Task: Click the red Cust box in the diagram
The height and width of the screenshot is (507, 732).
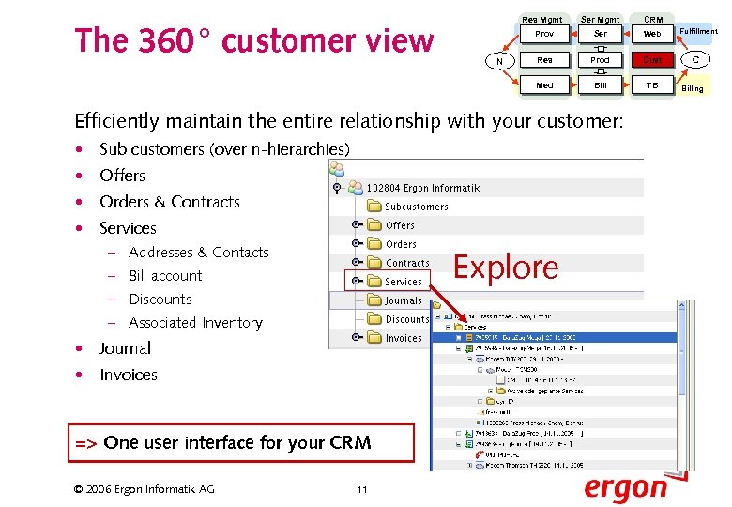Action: (x=652, y=59)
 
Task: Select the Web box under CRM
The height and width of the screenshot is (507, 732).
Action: (x=652, y=34)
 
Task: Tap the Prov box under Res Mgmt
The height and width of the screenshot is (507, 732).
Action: (x=544, y=34)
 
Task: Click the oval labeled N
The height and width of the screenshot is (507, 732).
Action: (x=499, y=61)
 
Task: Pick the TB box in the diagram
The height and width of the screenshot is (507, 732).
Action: (x=652, y=85)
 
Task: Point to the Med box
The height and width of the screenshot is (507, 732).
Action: (x=544, y=85)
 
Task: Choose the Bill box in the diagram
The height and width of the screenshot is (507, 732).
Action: (x=600, y=85)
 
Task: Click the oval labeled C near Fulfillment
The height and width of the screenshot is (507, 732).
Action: (x=695, y=60)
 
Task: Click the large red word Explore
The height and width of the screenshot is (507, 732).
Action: (x=506, y=268)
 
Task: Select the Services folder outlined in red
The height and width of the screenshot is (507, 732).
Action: (x=395, y=281)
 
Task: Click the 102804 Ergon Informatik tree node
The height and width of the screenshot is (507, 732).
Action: (x=422, y=188)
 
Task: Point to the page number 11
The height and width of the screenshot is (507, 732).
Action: (x=361, y=488)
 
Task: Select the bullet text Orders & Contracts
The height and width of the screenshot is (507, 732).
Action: (x=169, y=202)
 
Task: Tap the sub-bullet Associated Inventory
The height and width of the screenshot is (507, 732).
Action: (x=195, y=323)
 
